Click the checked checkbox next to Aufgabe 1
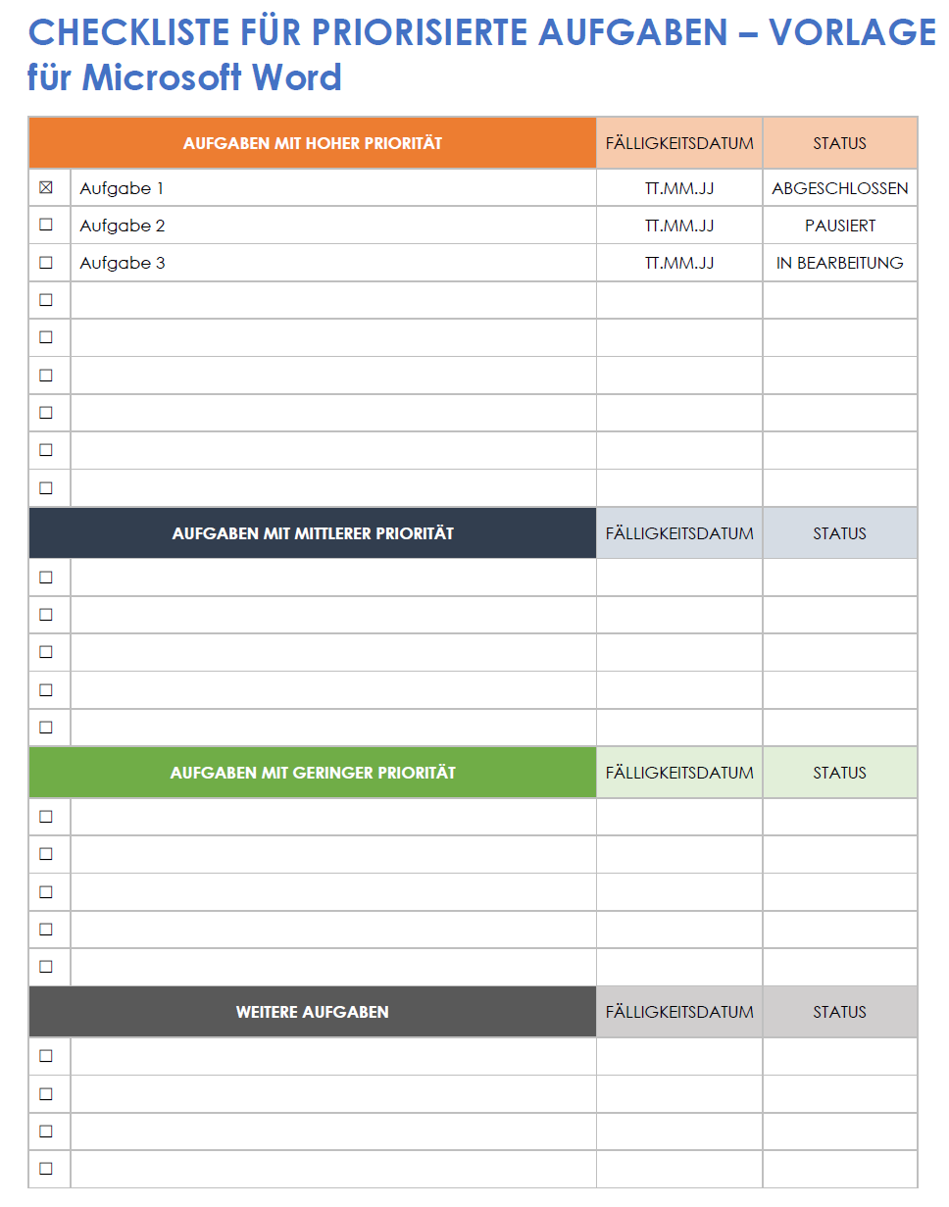tap(46, 188)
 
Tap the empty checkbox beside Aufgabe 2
tap(46, 225)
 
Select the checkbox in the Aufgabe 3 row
tap(46, 263)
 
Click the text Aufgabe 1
tap(122, 188)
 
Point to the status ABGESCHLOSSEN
tap(840, 188)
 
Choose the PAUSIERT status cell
tap(840, 226)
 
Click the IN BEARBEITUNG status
tap(840, 263)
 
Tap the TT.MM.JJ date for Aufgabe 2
tap(679, 226)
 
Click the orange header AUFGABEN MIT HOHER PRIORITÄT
tap(313, 143)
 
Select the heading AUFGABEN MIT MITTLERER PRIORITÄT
tap(313, 533)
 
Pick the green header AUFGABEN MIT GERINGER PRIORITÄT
tap(313, 773)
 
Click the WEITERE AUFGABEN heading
tap(313, 1012)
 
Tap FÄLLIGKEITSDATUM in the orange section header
tap(679, 143)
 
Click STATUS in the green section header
tap(840, 773)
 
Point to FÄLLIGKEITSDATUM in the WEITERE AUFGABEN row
tap(679, 1012)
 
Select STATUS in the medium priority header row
tap(840, 533)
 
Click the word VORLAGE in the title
tap(852, 33)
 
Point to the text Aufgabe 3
tap(122, 263)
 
